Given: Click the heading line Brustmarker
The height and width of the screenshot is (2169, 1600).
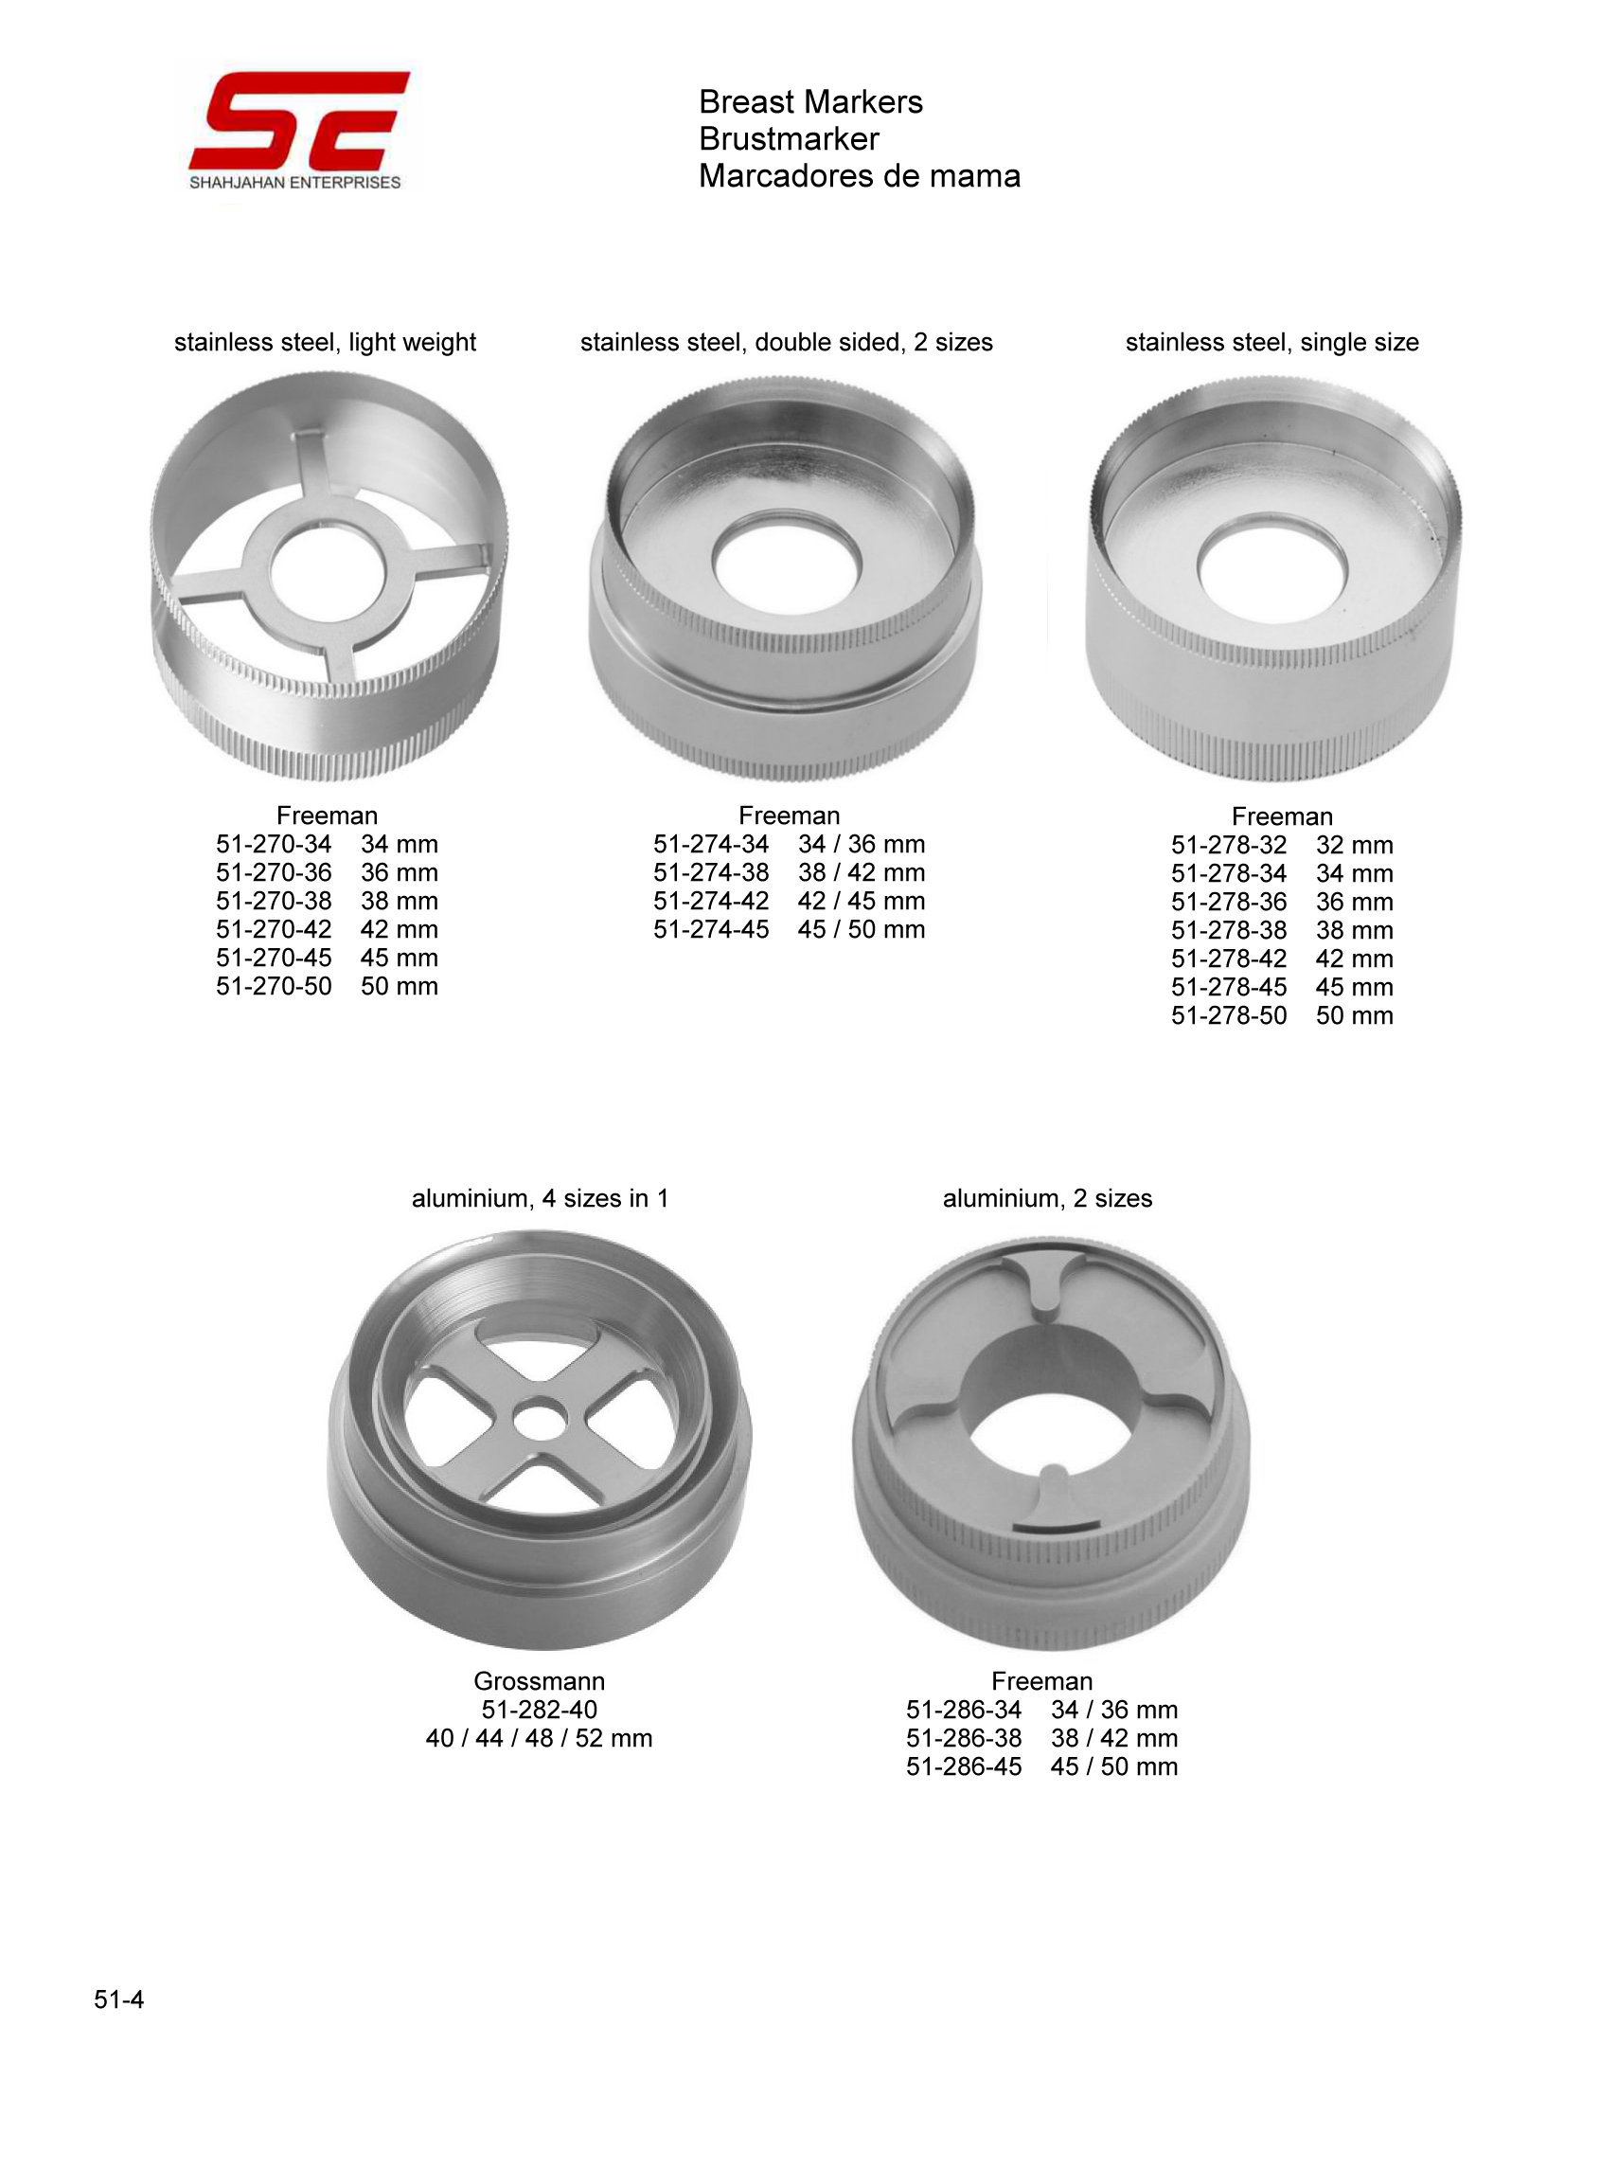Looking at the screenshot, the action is (789, 138).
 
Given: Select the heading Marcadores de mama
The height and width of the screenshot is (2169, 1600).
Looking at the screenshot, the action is (859, 175).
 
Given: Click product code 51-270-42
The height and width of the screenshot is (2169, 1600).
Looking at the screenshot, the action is (275, 929).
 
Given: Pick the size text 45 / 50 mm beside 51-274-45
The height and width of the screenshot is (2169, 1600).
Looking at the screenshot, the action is (861, 929).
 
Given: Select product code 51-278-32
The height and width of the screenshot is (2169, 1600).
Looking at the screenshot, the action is (1229, 845).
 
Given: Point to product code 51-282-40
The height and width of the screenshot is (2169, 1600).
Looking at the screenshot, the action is (540, 1709).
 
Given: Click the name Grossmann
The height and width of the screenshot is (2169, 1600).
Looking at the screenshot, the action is (540, 1681).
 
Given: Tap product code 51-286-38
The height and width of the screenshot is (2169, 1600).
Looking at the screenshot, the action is (964, 1738).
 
